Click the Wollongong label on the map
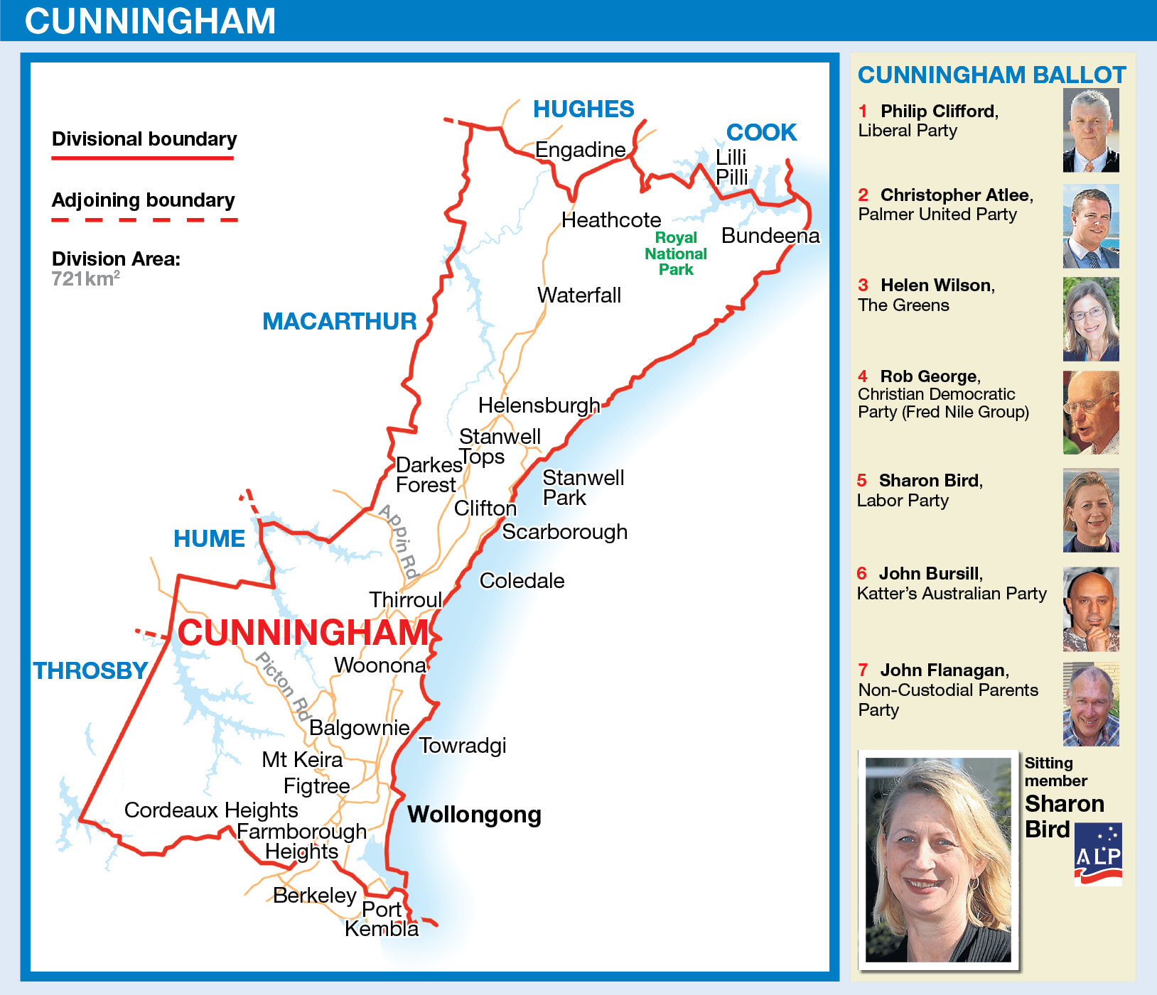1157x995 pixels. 474,815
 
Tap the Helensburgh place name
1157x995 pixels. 539,406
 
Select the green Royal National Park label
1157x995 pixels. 676,254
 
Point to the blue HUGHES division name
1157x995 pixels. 583,109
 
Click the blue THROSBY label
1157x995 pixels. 90,670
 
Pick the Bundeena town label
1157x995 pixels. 770,236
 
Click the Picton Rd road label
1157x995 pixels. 284,686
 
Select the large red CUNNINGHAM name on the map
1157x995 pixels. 303,633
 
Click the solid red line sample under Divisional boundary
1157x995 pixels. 143,158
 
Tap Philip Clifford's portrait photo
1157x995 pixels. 1091,131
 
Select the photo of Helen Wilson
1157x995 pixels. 1091,320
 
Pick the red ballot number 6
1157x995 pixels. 862,574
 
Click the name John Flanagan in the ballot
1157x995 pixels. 942,670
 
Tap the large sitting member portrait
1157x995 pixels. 938,859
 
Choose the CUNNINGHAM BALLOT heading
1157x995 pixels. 991,75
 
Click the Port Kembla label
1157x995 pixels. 382,919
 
